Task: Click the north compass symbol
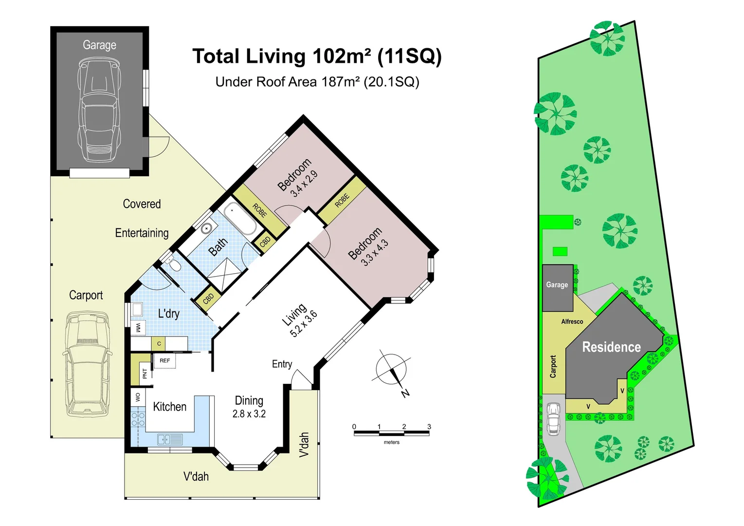(x=391, y=370)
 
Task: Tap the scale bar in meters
(x=392, y=433)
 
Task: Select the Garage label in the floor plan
(x=99, y=45)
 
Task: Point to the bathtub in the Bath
(x=240, y=220)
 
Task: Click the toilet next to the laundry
(x=173, y=264)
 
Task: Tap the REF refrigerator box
(x=165, y=360)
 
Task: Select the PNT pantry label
(x=145, y=374)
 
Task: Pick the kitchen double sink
(x=170, y=440)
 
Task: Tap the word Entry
(x=282, y=364)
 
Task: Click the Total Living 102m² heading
(x=317, y=56)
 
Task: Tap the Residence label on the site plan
(x=612, y=347)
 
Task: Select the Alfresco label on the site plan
(x=572, y=321)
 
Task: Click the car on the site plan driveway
(x=553, y=419)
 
